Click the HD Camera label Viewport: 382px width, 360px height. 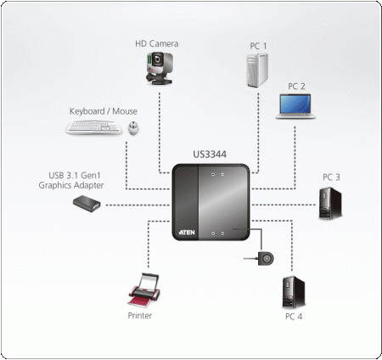point(157,43)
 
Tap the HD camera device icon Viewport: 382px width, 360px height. point(158,68)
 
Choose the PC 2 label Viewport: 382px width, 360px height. point(296,86)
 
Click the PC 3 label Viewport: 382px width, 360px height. point(331,177)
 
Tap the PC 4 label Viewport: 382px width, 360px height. point(294,316)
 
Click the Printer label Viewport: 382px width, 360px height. point(140,314)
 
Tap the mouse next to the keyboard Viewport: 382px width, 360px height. point(134,128)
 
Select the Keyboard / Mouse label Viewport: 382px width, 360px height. point(103,110)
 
